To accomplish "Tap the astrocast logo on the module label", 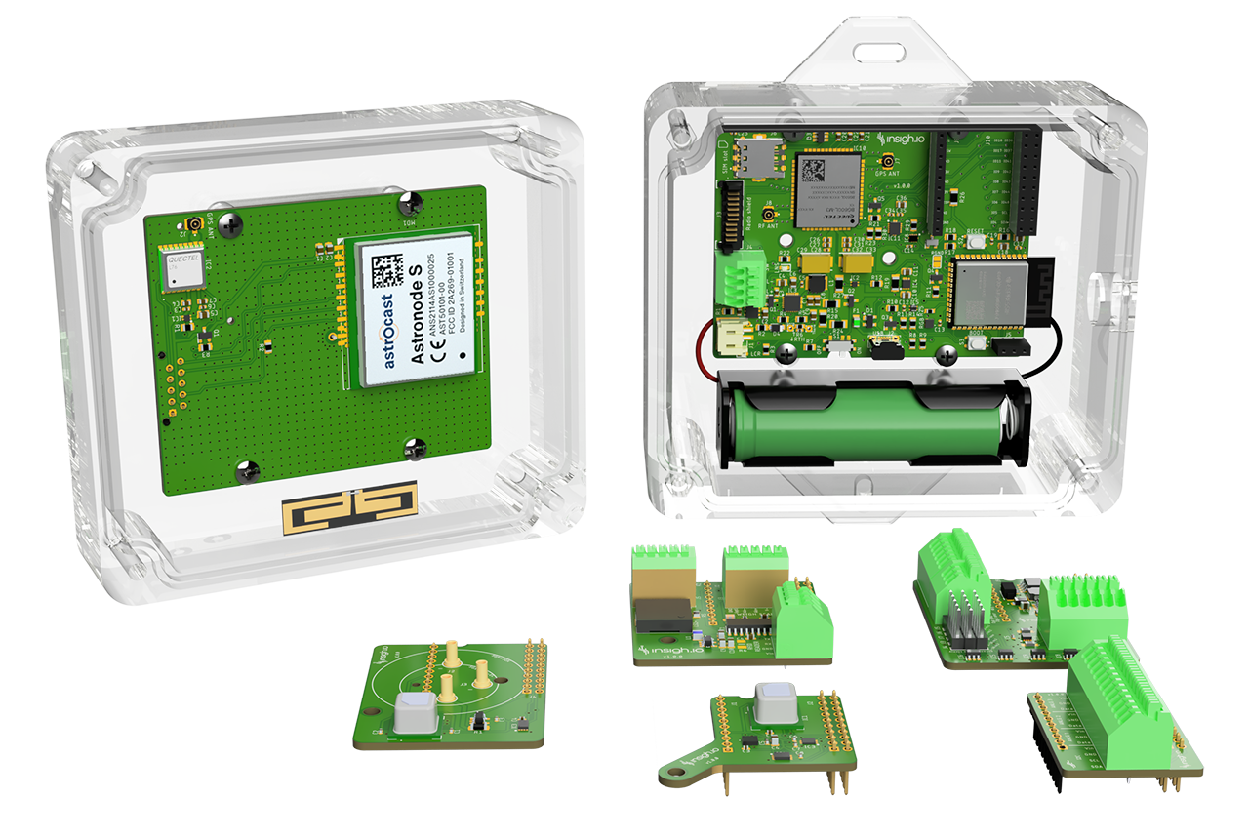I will (385, 329).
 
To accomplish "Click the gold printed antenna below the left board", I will (348, 507).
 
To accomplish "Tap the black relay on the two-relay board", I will (664, 616).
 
